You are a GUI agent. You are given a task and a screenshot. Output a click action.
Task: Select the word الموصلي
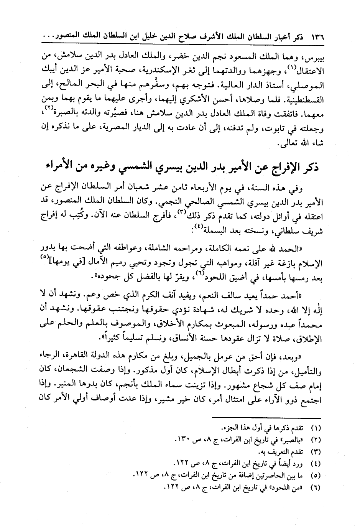309,86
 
